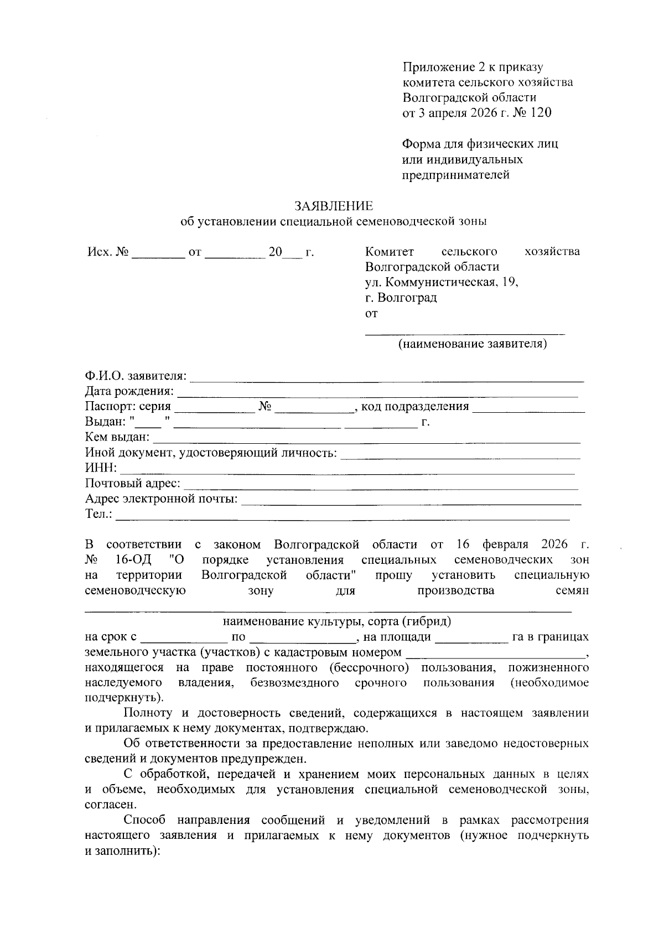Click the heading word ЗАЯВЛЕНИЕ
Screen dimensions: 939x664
[x=334, y=206]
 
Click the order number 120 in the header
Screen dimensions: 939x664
[x=541, y=113]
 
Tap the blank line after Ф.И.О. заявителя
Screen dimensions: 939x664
[x=387, y=377]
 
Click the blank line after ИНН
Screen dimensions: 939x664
[x=347, y=469]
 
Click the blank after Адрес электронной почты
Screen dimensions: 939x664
[x=412, y=500]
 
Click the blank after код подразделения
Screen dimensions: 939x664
[x=528, y=408]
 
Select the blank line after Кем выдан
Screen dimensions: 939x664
[x=366, y=439]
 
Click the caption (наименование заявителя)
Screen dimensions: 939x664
[x=473, y=344]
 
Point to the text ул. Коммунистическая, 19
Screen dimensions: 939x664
[x=442, y=283]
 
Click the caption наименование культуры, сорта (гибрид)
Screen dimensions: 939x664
[x=336, y=621]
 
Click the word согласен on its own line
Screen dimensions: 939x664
[x=108, y=805]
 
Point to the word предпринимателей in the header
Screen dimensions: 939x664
[x=456, y=175]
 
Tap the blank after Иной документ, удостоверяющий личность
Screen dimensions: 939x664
[x=460, y=454]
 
